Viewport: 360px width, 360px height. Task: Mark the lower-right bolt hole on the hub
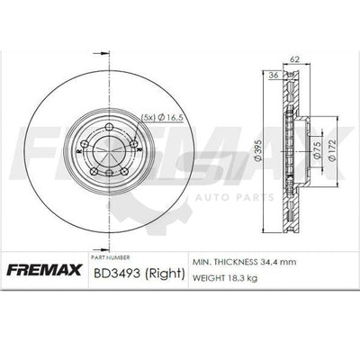click(123, 170)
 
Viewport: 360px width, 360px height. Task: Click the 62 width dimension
click(294, 59)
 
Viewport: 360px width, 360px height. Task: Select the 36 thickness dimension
click(274, 76)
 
